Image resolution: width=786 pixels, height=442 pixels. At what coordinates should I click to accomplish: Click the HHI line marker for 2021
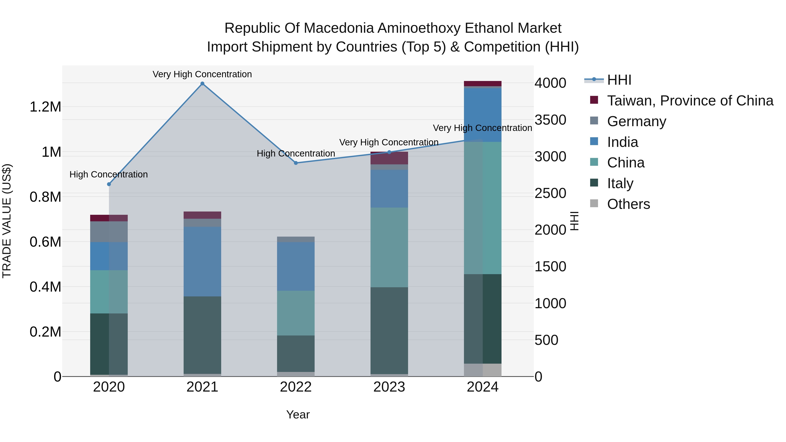click(202, 84)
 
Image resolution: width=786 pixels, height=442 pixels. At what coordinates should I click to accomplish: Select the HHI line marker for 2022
click(296, 163)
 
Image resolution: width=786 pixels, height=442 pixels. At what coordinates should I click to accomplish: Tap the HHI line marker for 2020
click(109, 184)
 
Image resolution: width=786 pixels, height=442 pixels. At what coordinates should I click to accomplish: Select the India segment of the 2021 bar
click(202, 261)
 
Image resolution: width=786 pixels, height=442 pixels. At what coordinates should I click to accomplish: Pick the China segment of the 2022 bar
click(296, 313)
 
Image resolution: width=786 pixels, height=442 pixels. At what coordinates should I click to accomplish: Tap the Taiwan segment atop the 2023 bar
click(389, 158)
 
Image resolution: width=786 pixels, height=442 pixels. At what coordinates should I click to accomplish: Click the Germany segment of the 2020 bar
click(109, 232)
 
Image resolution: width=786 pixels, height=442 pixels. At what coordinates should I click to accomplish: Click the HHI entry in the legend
click(619, 80)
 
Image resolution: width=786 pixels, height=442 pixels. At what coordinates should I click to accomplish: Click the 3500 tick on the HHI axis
click(550, 120)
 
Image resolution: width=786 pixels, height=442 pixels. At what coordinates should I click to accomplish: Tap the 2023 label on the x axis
click(389, 387)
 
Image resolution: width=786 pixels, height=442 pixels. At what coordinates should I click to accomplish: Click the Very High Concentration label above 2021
click(202, 74)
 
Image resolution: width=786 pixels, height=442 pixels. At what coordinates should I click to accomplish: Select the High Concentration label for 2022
click(296, 153)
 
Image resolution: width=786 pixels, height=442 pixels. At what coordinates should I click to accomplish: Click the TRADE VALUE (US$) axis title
click(7, 221)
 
